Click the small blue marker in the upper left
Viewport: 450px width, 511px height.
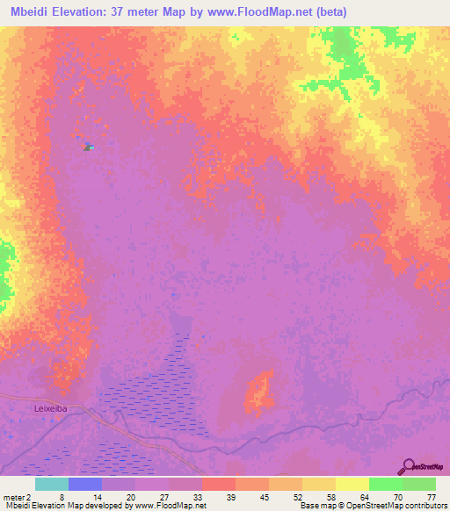click(x=87, y=146)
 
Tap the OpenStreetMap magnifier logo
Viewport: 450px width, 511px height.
click(x=407, y=466)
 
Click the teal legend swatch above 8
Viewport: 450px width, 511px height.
click(x=52, y=484)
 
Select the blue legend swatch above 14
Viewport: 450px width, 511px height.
click(x=85, y=484)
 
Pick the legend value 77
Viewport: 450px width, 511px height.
click(x=432, y=496)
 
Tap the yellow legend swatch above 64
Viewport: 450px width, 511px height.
click(x=352, y=484)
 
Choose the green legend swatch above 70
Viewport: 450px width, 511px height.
click(x=385, y=484)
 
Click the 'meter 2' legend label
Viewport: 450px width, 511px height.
click(x=16, y=496)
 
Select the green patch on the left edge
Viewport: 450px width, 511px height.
click(x=5, y=268)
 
